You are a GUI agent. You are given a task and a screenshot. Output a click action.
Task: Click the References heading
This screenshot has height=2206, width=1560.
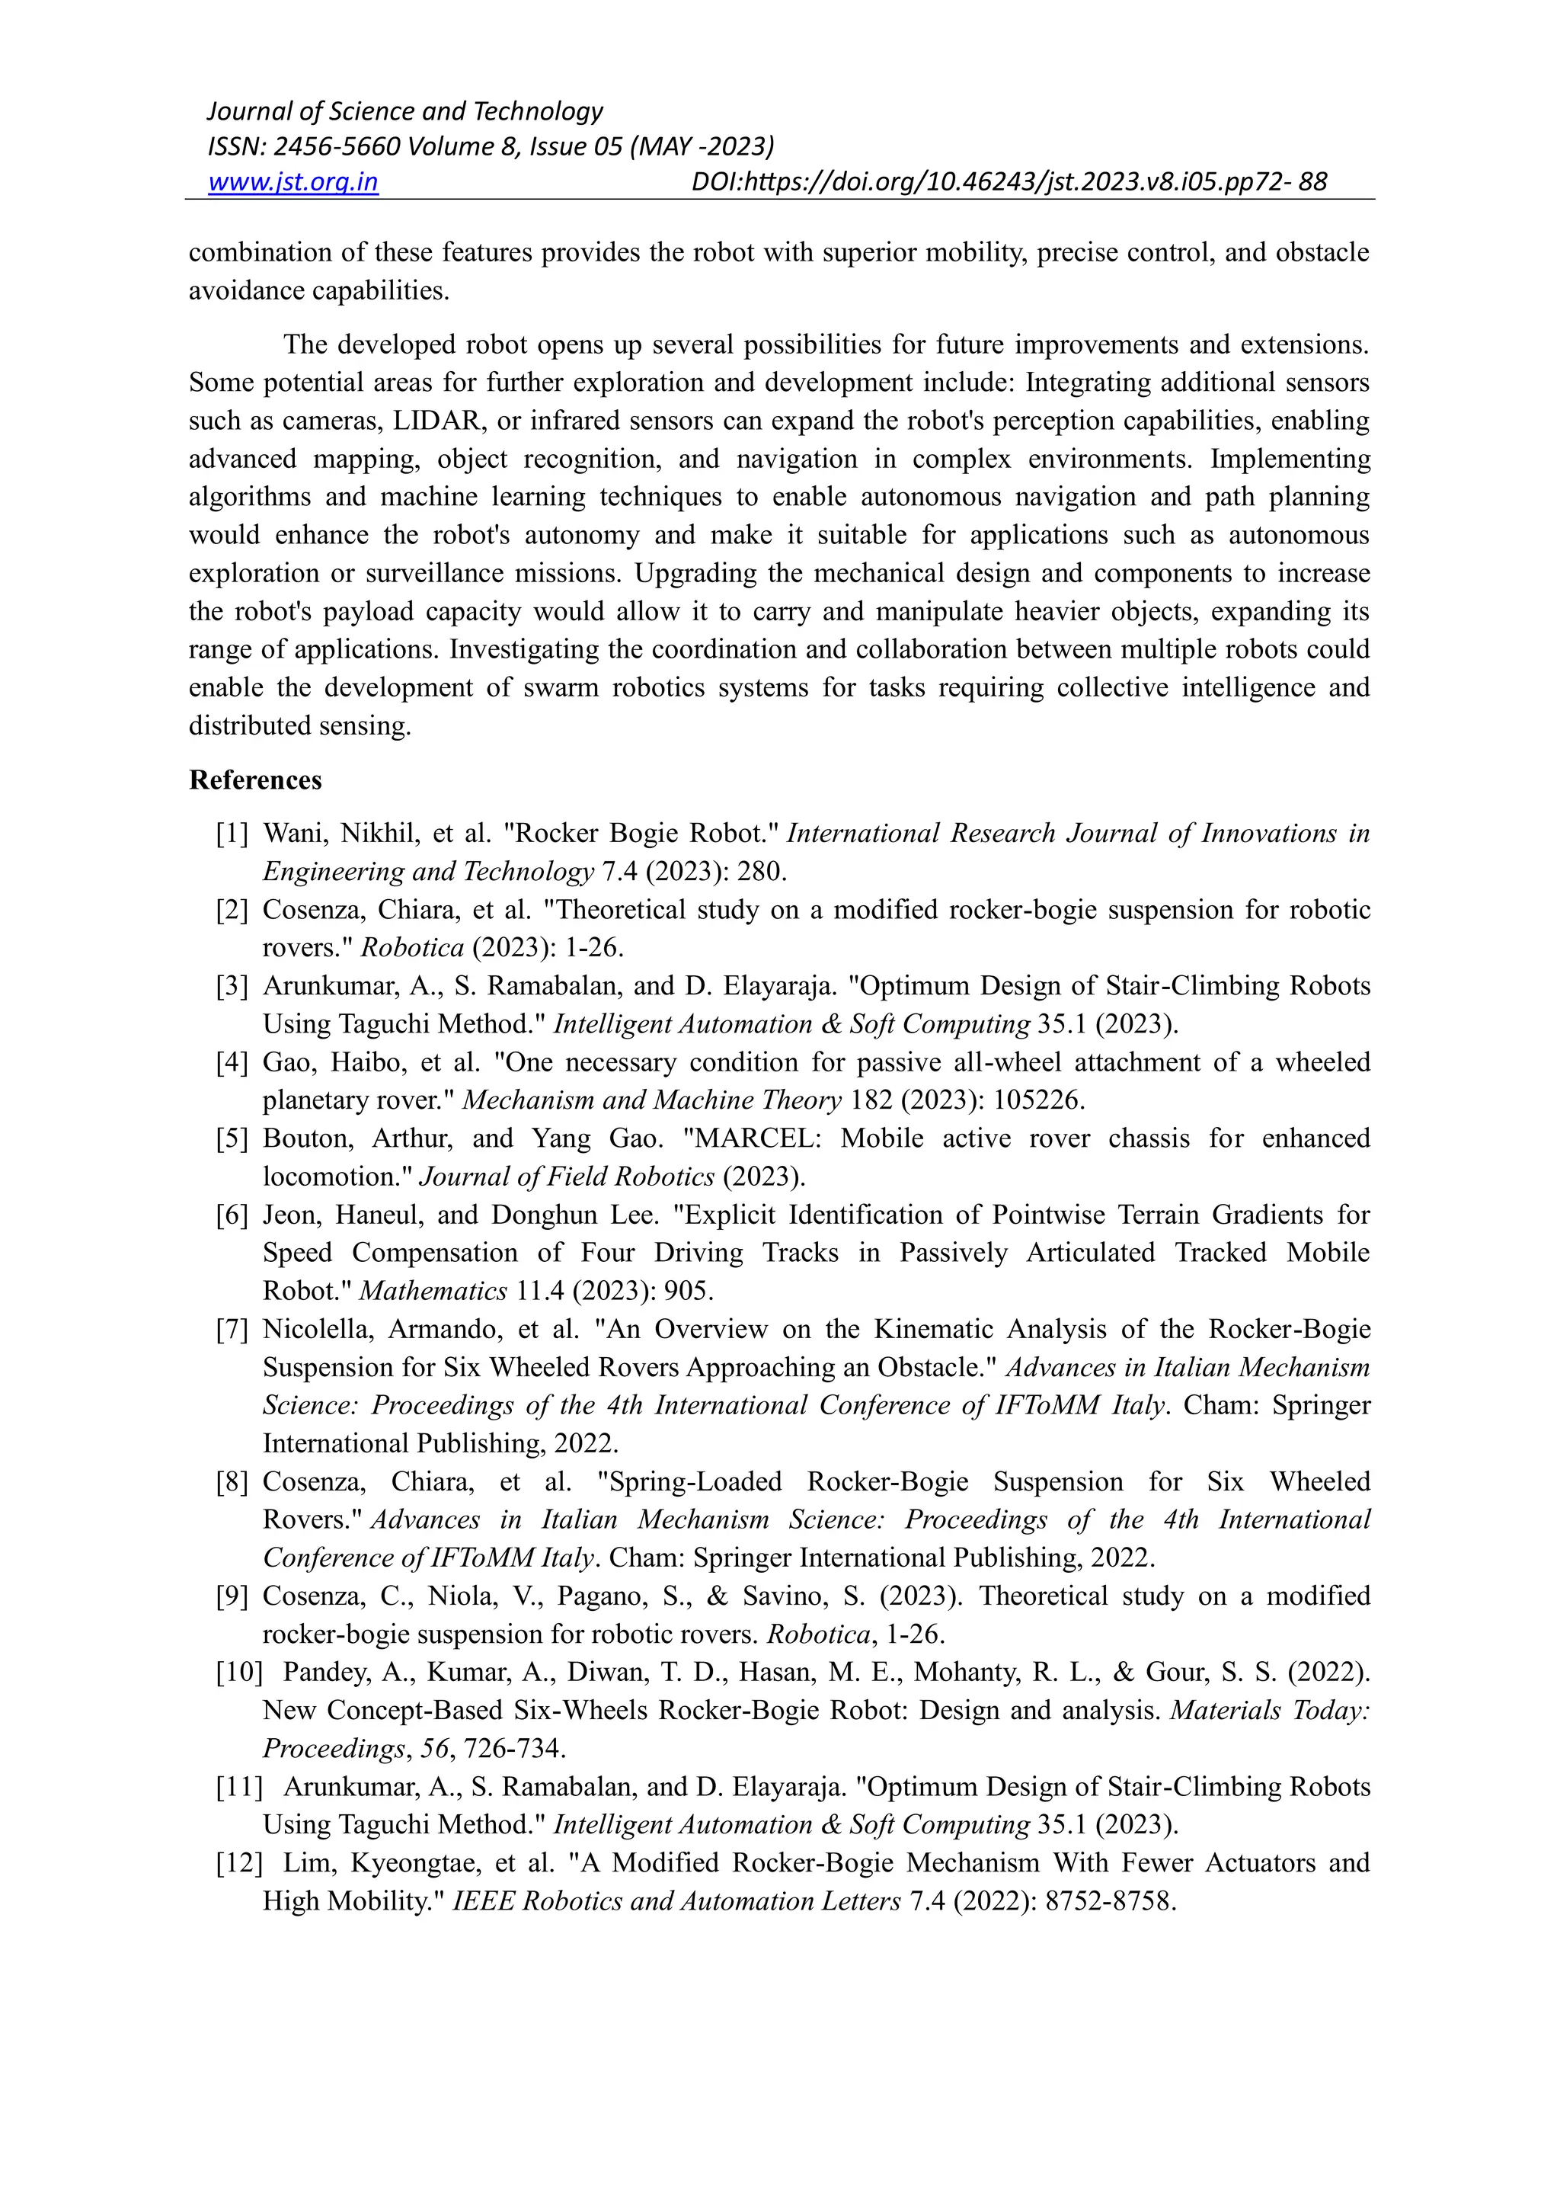(x=254, y=780)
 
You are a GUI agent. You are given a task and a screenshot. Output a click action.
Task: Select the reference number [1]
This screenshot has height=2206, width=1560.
(x=232, y=833)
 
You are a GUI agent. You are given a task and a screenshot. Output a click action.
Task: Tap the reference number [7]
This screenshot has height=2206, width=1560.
(x=232, y=1329)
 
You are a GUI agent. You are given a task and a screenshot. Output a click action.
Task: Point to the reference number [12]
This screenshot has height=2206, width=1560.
(x=239, y=1863)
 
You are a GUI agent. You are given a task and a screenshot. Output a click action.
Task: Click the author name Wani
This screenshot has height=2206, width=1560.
(x=291, y=833)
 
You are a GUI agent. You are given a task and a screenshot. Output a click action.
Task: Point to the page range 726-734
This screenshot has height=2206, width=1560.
(x=514, y=1749)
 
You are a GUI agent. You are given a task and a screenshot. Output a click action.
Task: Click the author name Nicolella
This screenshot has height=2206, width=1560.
(x=324, y=1329)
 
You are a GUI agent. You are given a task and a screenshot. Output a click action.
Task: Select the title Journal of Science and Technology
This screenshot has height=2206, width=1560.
(x=404, y=111)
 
